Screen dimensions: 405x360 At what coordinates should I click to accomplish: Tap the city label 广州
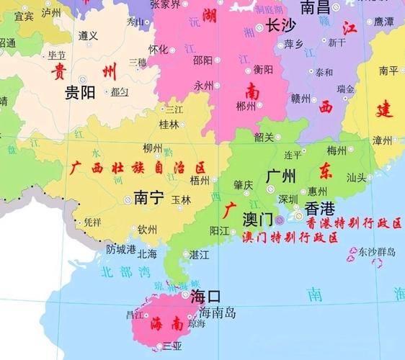282,175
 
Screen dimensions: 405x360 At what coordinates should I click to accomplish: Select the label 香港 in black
320,209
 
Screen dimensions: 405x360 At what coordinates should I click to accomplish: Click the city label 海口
205,296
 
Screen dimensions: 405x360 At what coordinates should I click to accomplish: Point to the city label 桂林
169,125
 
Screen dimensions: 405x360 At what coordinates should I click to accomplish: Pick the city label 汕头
357,176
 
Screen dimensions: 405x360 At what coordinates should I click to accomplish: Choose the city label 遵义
88,35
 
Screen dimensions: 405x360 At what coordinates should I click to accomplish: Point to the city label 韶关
264,137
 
